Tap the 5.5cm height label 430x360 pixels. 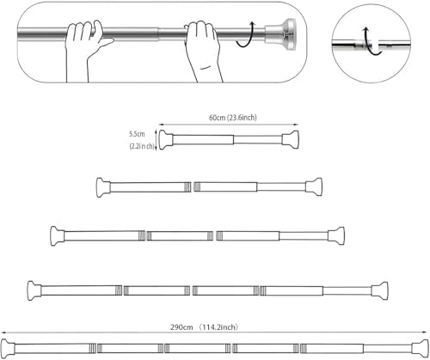click(x=137, y=134)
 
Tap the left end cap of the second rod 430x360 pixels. click(x=101, y=186)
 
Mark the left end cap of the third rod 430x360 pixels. click(x=57, y=235)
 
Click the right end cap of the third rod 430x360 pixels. click(x=339, y=235)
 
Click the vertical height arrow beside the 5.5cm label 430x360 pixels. click(x=156, y=137)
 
